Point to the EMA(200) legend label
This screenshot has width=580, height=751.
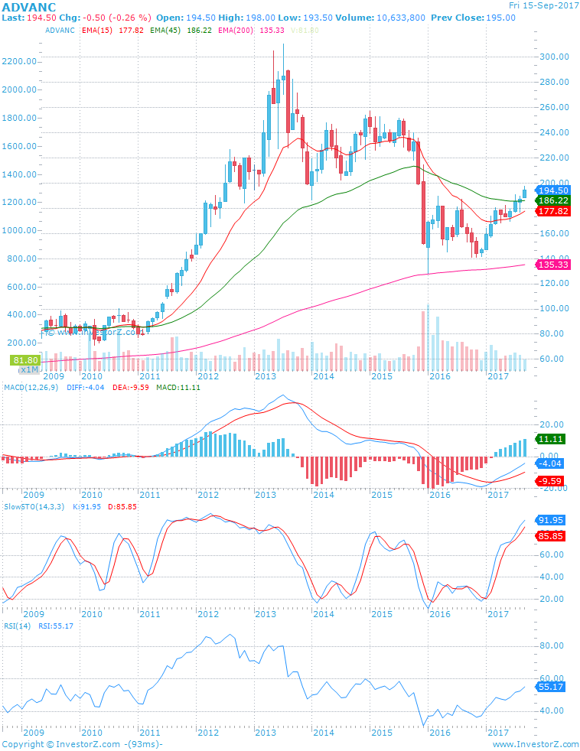click(x=236, y=30)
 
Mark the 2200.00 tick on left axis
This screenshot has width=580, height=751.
click(x=20, y=61)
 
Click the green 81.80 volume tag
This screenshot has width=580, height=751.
click(x=24, y=359)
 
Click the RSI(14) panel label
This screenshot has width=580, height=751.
click(x=17, y=626)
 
